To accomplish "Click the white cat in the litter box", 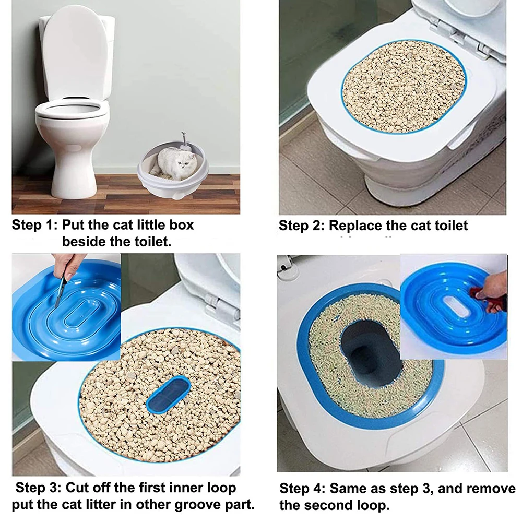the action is [x=175, y=164].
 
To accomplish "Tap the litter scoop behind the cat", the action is [x=184, y=141].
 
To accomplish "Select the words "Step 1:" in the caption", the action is [x=34, y=225].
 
